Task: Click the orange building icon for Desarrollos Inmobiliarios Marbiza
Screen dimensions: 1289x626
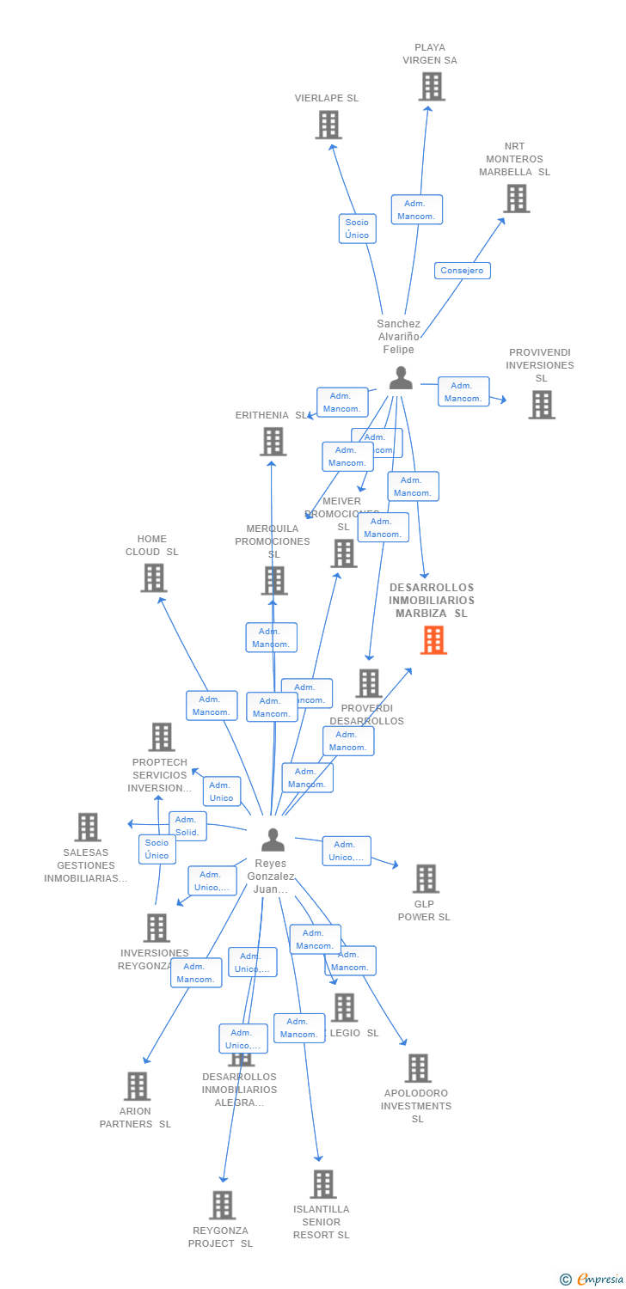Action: pos(433,640)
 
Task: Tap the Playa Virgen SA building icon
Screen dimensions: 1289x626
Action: pos(432,87)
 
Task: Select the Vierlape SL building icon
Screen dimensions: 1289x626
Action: pos(328,125)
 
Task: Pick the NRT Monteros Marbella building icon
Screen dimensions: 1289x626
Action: pos(516,199)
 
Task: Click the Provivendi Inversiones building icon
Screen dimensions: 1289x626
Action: pos(541,405)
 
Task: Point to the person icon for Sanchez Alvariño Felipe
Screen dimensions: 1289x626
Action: pos(401,378)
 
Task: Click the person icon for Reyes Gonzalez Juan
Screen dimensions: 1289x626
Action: pos(273,840)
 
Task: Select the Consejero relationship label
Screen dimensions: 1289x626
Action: pos(462,271)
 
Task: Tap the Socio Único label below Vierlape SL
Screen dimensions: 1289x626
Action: pos(357,229)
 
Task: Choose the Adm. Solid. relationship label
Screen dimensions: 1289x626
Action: pos(187,826)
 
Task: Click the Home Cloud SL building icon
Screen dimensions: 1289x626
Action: pos(153,578)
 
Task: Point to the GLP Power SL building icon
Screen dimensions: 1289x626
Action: pos(426,879)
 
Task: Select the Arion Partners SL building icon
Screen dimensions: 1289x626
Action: pos(137,1086)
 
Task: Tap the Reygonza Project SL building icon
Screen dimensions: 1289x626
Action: pos(222,1205)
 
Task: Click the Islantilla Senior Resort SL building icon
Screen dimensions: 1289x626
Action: pos(322,1184)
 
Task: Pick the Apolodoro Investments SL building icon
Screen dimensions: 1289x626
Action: pos(418,1068)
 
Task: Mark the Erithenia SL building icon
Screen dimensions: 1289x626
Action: pos(273,442)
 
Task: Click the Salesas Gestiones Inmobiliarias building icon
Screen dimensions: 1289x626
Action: pos(88,828)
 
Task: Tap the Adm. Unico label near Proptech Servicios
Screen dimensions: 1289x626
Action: pos(221,791)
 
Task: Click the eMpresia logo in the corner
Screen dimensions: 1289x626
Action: pos(592,1280)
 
